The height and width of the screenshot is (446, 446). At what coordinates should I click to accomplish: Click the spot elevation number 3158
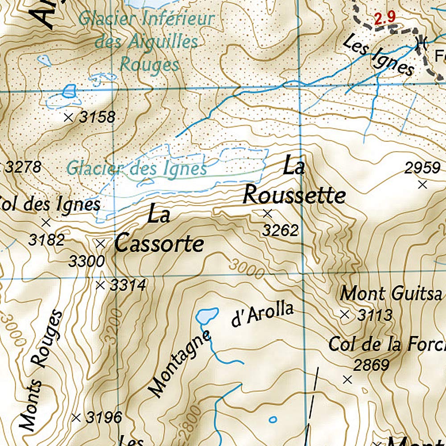pyautogui.click(x=97, y=118)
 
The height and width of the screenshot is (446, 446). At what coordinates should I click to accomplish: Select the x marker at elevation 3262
pyautogui.click(x=267, y=214)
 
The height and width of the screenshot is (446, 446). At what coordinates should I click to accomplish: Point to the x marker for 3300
pyautogui.click(x=100, y=244)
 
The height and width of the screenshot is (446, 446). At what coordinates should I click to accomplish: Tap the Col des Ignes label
pyautogui.click(x=50, y=205)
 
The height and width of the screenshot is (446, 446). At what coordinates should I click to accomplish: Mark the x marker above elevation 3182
pyautogui.click(x=45, y=222)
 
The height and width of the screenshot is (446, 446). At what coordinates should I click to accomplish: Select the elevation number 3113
pyautogui.click(x=375, y=315)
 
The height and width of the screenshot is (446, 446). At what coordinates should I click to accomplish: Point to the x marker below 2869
pyautogui.click(x=347, y=380)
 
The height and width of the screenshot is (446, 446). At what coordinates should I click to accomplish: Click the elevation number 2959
pyautogui.click(x=422, y=168)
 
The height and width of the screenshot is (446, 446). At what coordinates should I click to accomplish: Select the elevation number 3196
pyautogui.click(x=103, y=418)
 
